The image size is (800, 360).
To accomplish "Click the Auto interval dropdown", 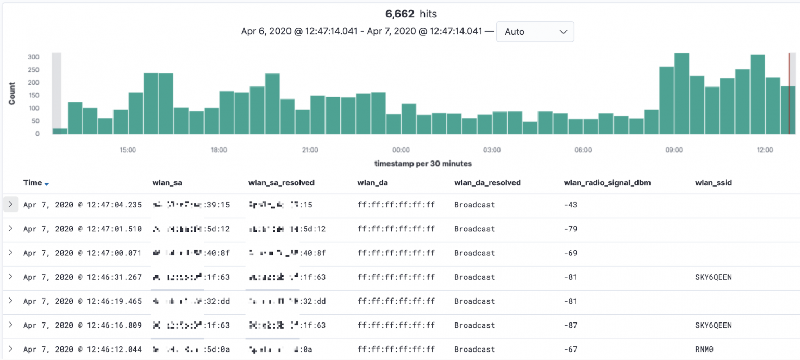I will coord(535,32).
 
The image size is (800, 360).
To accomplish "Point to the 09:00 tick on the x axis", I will coord(674,150).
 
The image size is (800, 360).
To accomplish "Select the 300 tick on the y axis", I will coord(33,57).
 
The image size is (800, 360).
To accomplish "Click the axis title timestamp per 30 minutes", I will coord(423,164).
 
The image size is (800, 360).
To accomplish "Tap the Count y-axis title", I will coord(12,94).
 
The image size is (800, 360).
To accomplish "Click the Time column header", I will coord(32,183).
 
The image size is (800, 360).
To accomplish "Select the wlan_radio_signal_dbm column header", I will coord(607,183).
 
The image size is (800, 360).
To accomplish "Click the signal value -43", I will coord(570,205).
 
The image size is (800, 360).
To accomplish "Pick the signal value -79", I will coord(570,229).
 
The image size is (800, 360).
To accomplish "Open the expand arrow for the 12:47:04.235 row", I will coord(10,205).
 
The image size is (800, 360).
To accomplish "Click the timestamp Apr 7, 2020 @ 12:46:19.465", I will coord(82,301).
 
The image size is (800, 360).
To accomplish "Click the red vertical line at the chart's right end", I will coord(789,94).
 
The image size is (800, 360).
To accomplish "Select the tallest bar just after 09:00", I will coord(682,94).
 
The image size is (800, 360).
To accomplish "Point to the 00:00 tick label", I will coord(401,150).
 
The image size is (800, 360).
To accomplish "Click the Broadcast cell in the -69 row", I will coord(474,253).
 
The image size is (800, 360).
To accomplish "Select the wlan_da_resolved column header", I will coord(488,183).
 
